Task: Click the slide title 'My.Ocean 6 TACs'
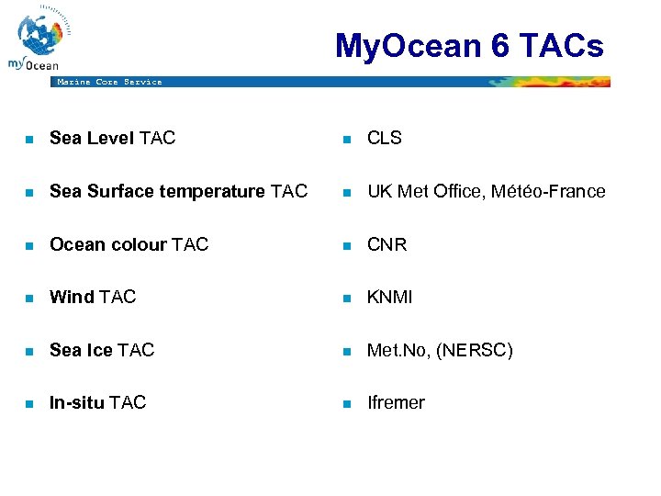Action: click(x=469, y=45)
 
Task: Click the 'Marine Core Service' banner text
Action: click(x=109, y=82)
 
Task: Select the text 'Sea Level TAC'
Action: click(x=112, y=138)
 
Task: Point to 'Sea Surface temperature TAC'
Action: click(x=178, y=191)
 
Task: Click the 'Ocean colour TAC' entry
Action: click(x=129, y=244)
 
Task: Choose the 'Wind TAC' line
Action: click(x=92, y=297)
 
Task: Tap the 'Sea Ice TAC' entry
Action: click(x=102, y=350)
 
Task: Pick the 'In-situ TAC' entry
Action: click(x=97, y=402)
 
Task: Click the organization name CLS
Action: click(x=384, y=138)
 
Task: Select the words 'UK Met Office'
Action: click(x=425, y=191)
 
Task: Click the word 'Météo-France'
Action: click(x=548, y=191)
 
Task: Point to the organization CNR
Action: click(x=387, y=244)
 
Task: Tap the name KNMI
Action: click(x=389, y=297)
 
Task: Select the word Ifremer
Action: click(x=396, y=402)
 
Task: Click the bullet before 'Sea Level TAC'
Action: click(x=28, y=140)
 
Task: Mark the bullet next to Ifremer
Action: click(x=346, y=404)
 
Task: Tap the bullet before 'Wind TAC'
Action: click(x=28, y=299)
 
